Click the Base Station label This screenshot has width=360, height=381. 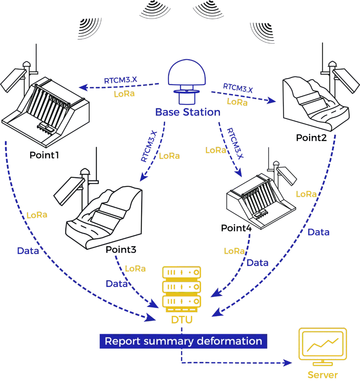(188, 112)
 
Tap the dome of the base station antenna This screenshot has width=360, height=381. (187, 72)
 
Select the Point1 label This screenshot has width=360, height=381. (44, 155)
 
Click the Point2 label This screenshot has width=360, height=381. (311, 138)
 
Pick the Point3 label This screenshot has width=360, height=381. (121, 250)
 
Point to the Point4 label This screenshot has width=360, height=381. (236, 228)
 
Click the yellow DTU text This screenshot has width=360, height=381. (182, 320)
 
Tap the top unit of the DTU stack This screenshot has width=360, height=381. (181, 272)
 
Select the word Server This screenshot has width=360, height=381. (322, 375)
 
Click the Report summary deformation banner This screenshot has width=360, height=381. (183, 341)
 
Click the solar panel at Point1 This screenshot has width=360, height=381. (13, 80)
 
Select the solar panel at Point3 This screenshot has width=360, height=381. (69, 191)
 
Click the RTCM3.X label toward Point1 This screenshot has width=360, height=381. (120, 80)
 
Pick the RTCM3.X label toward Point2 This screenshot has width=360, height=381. (238, 88)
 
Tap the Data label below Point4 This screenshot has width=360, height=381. (257, 263)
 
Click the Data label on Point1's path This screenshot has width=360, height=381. (28, 251)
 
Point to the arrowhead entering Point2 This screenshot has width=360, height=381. (271, 100)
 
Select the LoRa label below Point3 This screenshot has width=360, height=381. (135, 269)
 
